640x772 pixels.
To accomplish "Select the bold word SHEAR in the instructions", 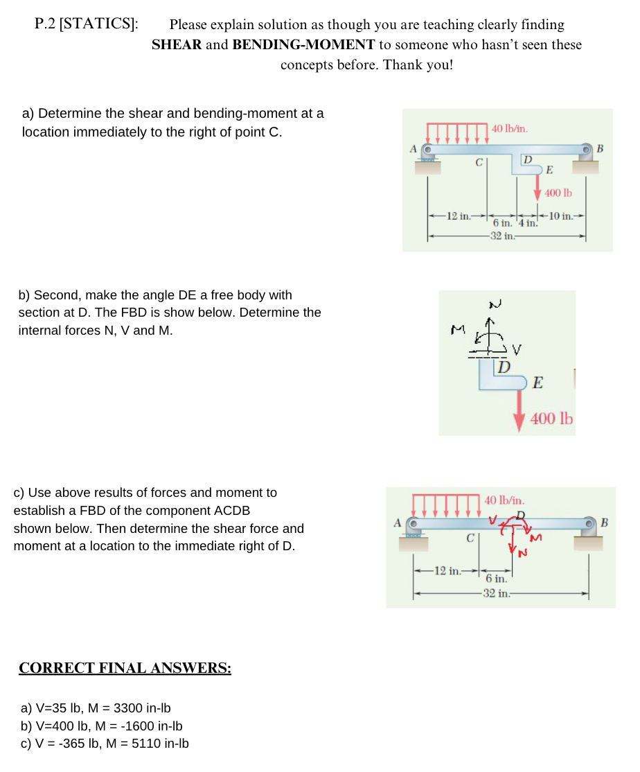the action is point(177,45).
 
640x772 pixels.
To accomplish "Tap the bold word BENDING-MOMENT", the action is point(304,45).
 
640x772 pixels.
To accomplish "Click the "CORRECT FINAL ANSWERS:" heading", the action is point(125,668).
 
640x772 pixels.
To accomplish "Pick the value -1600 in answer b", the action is point(135,726).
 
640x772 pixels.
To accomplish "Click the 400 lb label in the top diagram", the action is point(558,193).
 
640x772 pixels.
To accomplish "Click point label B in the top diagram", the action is point(600,148).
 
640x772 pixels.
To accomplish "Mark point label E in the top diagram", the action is point(549,170).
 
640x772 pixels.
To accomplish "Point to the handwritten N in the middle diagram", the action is point(494,303).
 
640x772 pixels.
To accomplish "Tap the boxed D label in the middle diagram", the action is point(504,365).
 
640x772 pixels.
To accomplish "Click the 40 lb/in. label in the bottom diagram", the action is point(504,499).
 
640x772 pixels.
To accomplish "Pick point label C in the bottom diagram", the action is point(470,537).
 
